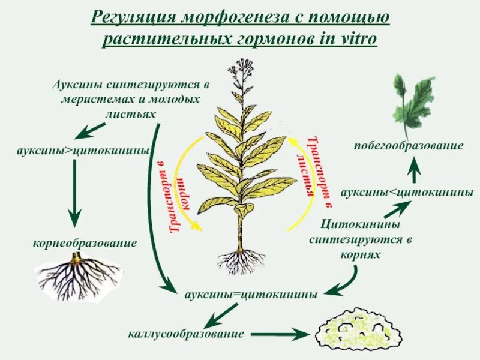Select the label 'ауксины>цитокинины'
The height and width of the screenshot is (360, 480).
[x=83, y=150]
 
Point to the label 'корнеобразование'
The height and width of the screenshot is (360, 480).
[x=85, y=243]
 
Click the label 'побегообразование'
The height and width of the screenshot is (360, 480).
[x=408, y=146]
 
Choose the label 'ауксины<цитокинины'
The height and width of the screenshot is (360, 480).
[x=407, y=193]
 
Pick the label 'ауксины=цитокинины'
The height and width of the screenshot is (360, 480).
[x=251, y=295]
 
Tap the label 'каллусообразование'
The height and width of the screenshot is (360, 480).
[x=186, y=334]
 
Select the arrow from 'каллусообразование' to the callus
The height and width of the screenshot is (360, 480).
[x=278, y=334]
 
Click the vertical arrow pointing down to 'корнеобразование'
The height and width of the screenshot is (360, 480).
[x=73, y=192]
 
